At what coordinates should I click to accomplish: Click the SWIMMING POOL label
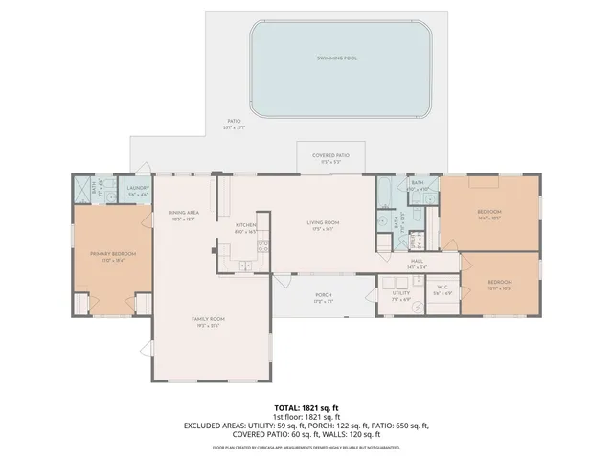337,58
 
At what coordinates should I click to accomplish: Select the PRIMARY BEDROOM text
113,254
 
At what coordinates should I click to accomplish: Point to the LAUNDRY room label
138,189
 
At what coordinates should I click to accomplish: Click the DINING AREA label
182,213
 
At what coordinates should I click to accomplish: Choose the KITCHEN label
246,225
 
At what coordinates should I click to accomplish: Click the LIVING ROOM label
324,222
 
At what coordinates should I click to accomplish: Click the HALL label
418,260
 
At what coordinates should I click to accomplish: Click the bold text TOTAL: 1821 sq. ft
306,407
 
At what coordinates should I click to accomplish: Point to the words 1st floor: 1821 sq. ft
306,416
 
